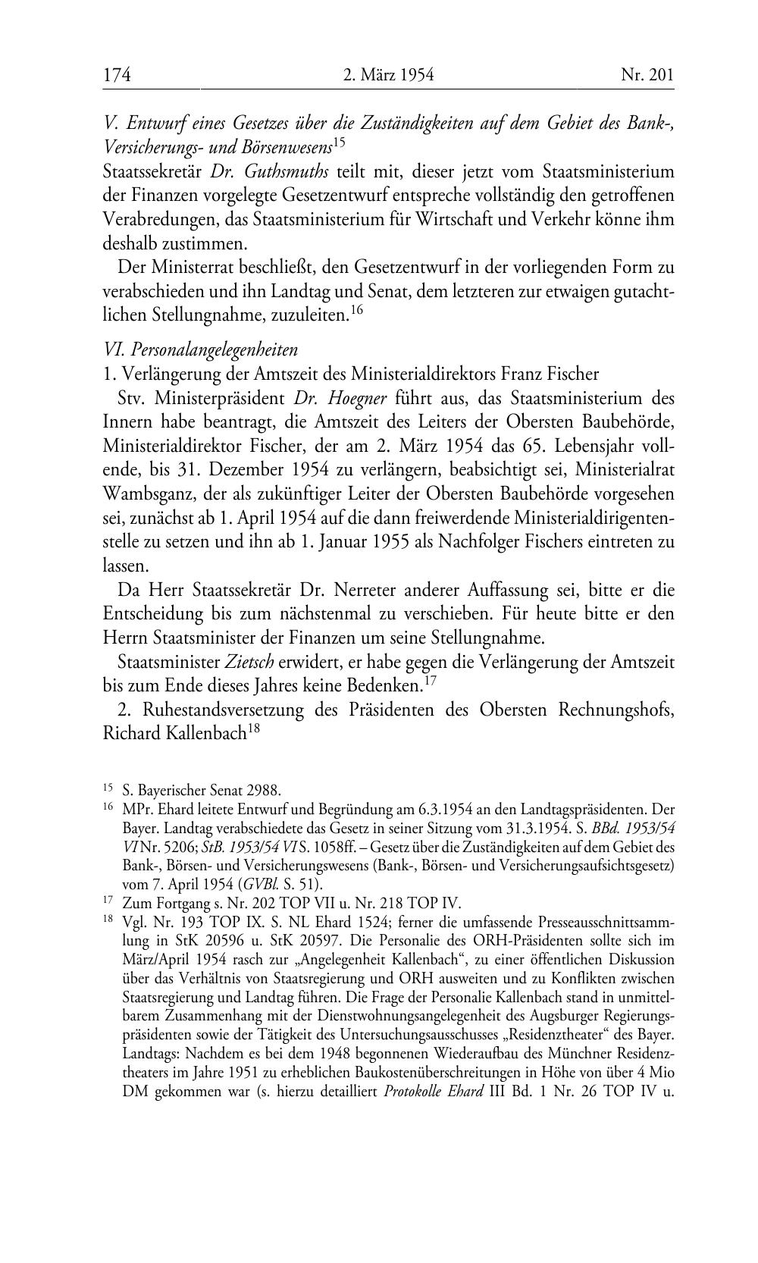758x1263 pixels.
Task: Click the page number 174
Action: (x=117, y=74)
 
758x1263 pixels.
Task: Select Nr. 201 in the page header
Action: (x=647, y=74)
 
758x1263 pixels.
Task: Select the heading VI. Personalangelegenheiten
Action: (x=200, y=349)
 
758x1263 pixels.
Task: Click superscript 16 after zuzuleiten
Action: (x=357, y=309)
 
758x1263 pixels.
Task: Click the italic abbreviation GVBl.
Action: (x=256, y=884)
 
